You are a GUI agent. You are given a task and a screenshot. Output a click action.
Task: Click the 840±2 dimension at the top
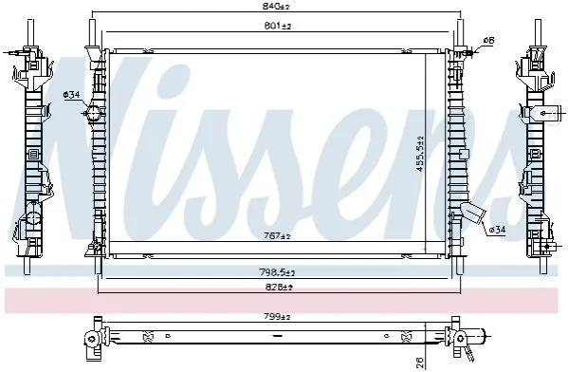tap(277, 6)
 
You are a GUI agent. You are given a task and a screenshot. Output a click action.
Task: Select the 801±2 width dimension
tap(278, 26)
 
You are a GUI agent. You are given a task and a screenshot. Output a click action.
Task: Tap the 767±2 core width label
tap(278, 236)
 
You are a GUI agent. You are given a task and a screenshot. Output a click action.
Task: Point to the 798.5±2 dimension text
tap(277, 272)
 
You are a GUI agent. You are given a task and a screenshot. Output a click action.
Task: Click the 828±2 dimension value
tap(278, 288)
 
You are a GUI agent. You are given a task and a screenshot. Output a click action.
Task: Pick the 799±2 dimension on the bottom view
tap(278, 317)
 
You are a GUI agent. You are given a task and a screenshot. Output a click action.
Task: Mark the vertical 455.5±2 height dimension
tap(420, 154)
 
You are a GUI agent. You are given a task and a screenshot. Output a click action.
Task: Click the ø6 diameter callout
tap(488, 40)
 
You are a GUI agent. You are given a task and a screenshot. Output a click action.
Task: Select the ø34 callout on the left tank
tap(71, 95)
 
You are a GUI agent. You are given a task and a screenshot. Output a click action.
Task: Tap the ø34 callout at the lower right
tap(497, 229)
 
